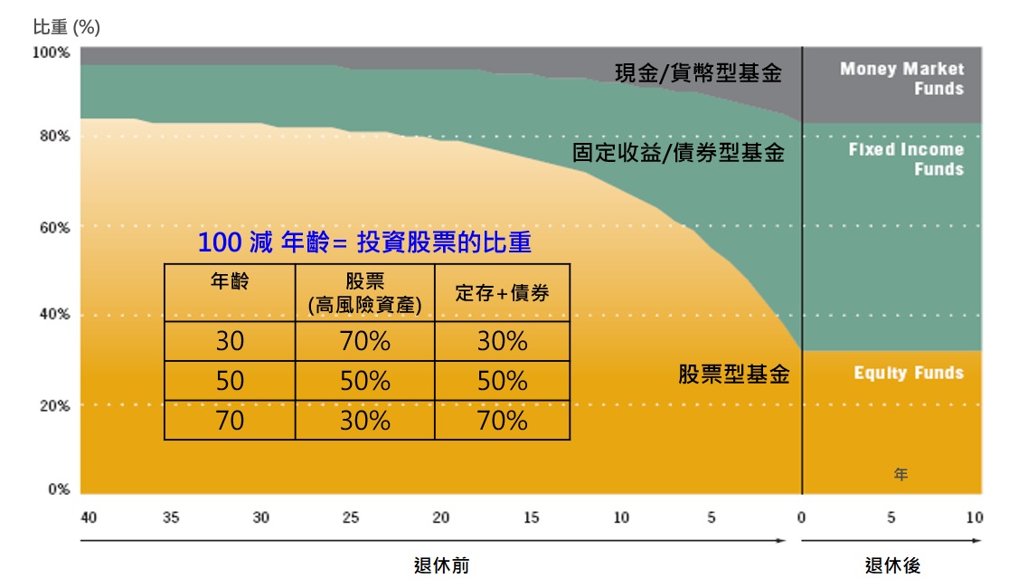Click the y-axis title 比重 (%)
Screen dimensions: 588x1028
(67, 27)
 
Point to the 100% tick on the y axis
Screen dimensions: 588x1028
(52, 52)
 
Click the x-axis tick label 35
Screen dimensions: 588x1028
(170, 518)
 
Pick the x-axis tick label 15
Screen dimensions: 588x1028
(531, 518)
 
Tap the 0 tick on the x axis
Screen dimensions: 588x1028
(801, 518)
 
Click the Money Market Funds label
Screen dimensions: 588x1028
(901, 79)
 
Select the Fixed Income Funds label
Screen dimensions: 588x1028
(906, 159)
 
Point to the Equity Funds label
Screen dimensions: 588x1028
(909, 373)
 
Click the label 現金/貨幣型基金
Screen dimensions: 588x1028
(698, 73)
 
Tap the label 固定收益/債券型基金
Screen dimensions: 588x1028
(678, 153)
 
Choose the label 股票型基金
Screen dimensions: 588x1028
(734, 374)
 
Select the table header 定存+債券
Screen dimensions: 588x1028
(502, 293)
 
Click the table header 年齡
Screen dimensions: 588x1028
(230, 281)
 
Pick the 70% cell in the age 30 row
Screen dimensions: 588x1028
(364, 341)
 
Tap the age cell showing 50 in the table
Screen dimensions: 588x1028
(230, 381)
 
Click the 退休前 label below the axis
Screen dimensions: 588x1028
(441, 566)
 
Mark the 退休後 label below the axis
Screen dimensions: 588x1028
(892, 566)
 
